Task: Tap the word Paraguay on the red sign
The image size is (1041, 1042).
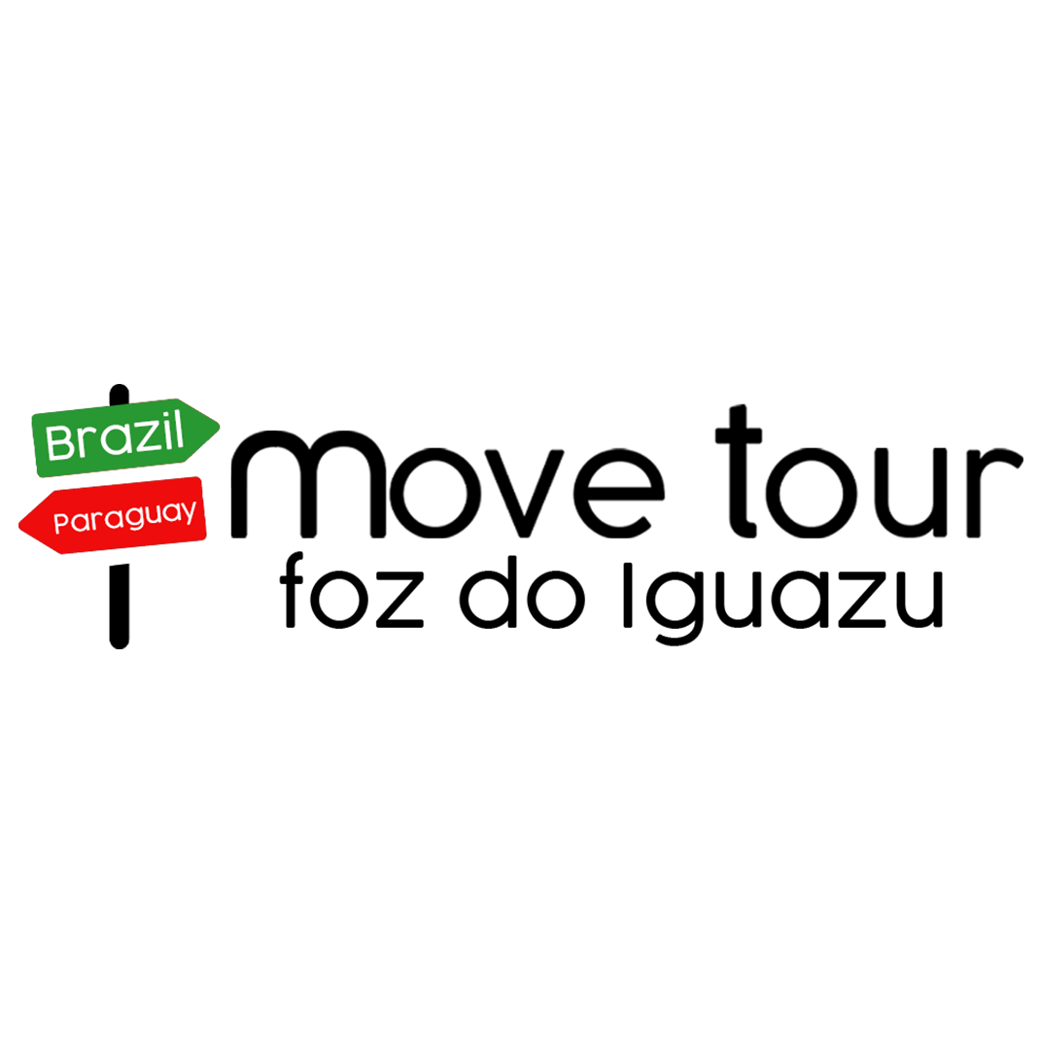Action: coord(124,516)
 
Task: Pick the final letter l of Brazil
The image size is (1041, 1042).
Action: coord(179,433)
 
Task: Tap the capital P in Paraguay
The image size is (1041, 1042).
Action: coord(60,524)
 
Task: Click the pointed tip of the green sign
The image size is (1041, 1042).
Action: coord(218,424)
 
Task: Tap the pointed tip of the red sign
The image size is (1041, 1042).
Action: coord(21,525)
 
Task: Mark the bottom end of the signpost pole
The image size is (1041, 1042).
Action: coord(119,643)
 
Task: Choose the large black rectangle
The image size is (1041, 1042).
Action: coord(622,515)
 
